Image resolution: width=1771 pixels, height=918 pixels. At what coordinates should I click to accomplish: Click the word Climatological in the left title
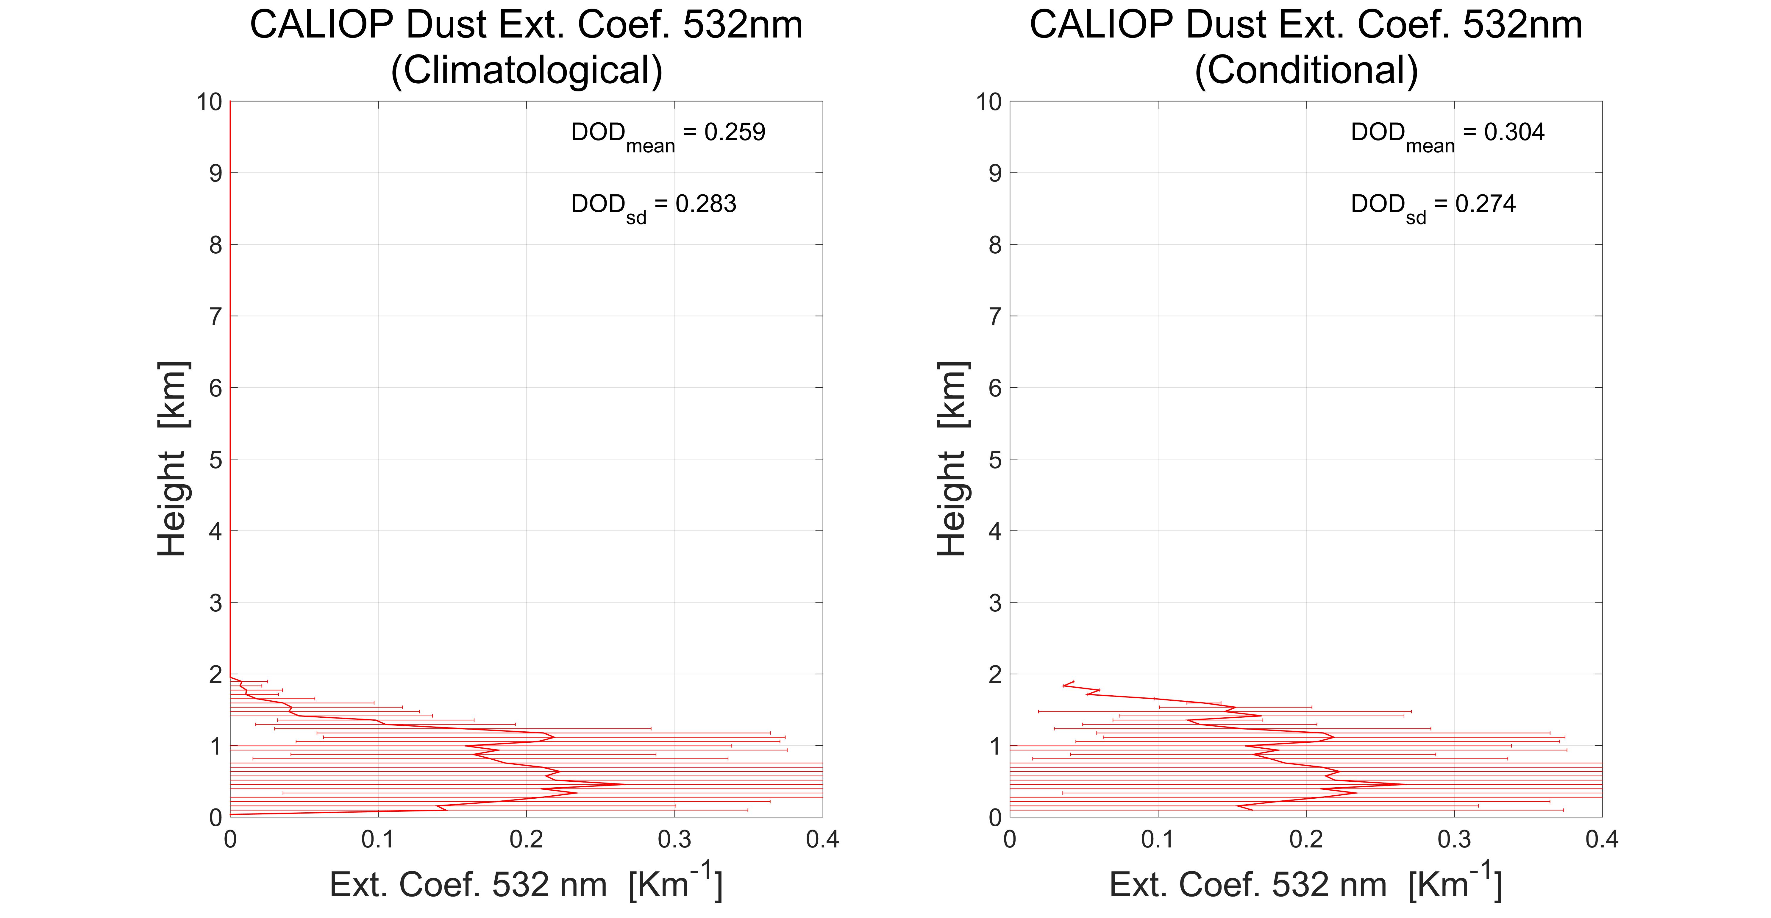pyautogui.click(x=527, y=70)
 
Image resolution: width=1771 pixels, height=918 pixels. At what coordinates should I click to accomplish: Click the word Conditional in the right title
pyautogui.click(x=1306, y=70)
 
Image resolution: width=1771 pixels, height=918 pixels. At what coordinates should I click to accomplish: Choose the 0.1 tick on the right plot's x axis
pyautogui.click(x=1158, y=840)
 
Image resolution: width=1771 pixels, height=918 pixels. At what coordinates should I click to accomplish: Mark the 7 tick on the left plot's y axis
pyautogui.click(x=216, y=316)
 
